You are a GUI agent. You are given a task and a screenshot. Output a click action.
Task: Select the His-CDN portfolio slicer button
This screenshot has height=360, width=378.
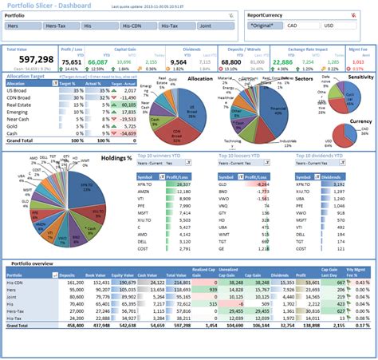pos(136,26)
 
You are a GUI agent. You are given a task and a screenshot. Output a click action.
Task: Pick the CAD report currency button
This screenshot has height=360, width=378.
pos(306,26)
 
